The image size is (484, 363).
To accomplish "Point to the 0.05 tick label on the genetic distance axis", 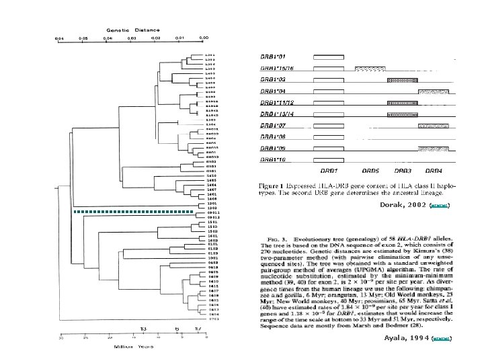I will coord(83,39).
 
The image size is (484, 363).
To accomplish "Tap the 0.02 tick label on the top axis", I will coord(155,39).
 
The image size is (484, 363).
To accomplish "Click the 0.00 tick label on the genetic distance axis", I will coord(204,39).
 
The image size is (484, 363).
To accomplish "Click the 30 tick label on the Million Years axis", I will coord(61,338).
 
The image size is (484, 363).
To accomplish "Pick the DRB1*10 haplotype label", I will coord(274,160).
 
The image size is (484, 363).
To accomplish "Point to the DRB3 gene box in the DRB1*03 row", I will coord(403,80).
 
